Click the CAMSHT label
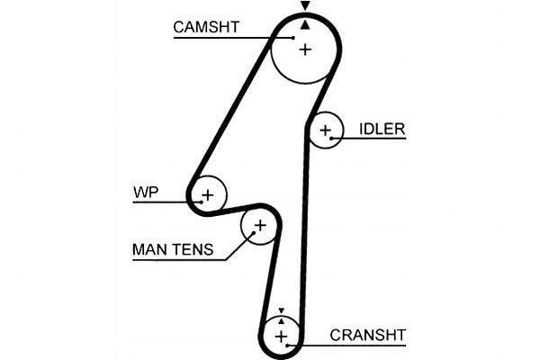[x=206, y=26]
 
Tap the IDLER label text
[x=382, y=129]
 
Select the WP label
[x=145, y=192]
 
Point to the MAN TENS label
[x=173, y=249]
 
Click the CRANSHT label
[x=366, y=335]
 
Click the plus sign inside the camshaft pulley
[x=305, y=49]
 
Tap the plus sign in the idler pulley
[x=325, y=132]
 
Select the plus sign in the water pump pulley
[x=208, y=193]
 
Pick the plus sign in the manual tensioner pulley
[x=259, y=225]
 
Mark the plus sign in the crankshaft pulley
[x=281, y=336]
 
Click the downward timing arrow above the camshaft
[x=305, y=6]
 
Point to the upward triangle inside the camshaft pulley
[x=305, y=25]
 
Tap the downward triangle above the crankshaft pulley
[x=281, y=309]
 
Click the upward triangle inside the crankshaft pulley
[x=281, y=319]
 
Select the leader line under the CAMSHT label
[x=220, y=38]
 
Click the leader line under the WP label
[x=162, y=202]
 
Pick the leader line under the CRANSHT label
[x=351, y=345]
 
